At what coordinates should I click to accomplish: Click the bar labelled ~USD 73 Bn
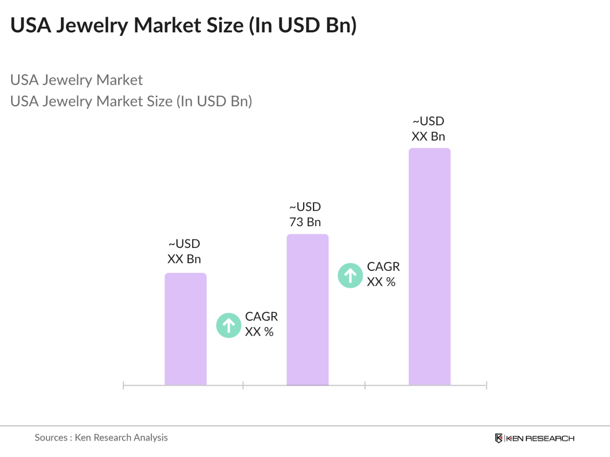pyautogui.click(x=307, y=310)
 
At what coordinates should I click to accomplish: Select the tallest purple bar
pyautogui.click(x=429, y=267)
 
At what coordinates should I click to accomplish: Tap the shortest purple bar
pyautogui.click(x=185, y=329)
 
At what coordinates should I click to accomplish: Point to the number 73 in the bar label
pyautogui.click(x=296, y=222)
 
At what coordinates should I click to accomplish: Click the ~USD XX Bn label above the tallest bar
pyautogui.click(x=428, y=129)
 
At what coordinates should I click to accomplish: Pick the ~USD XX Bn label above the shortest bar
pyautogui.click(x=184, y=251)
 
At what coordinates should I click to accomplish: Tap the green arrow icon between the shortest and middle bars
pyautogui.click(x=229, y=325)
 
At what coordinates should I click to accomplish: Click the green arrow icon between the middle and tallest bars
pyautogui.click(x=350, y=276)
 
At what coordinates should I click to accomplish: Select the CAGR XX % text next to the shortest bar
pyautogui.click(x=261, y=324)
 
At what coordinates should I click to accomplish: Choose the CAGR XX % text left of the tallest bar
pyautogui.click(x=383, y=274)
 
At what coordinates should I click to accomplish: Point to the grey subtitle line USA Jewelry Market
pyautogui.click(x=76, y=80)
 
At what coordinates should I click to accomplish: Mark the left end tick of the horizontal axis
pyautogui.click(x=123, y=385)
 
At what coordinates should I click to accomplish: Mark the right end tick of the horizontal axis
pyautogui.click(x=486, y=385)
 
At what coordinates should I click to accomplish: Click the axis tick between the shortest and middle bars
pyautogui.click(x=243, y=385)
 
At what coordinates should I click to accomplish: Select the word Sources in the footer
pyautogui.click(x=51, y=437)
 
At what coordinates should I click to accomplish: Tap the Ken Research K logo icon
pyautogui.click(x=498, y=438)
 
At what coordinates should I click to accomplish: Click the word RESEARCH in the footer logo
pyautogui.click(x=549, y=439)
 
